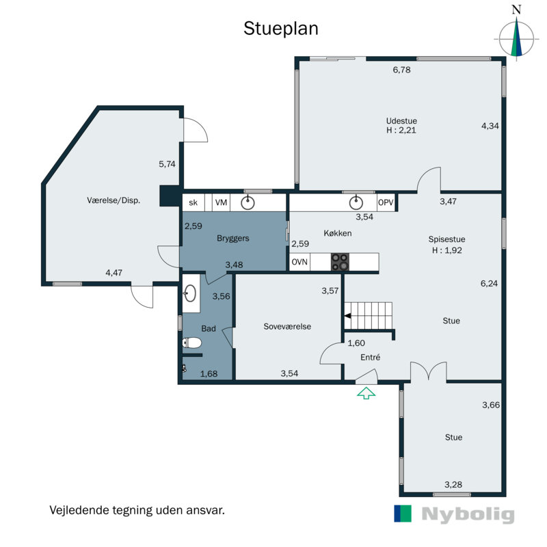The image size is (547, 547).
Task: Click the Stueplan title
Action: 281,29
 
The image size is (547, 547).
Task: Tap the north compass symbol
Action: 516,35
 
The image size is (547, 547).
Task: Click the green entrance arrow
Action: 366,393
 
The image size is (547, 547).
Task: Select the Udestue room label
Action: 401,121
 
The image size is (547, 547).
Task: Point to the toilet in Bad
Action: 192,343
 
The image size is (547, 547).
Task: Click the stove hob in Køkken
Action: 340,262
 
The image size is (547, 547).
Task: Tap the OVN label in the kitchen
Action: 299,262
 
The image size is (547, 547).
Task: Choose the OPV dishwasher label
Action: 386,202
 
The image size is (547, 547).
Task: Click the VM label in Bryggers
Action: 221,202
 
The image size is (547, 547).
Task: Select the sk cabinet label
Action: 193,202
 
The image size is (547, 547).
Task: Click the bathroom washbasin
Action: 190,293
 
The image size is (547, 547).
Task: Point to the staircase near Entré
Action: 369,316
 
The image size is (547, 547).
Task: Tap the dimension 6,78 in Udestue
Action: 401,70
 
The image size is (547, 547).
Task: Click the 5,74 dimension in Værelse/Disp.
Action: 167,164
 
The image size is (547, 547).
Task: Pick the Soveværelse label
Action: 287,327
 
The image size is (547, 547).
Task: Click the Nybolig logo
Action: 454,514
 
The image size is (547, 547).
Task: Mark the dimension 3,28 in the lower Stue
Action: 453,485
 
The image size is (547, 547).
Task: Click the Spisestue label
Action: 446,239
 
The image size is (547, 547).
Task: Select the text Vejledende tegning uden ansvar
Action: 137,510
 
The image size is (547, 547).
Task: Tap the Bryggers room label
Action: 233,239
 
